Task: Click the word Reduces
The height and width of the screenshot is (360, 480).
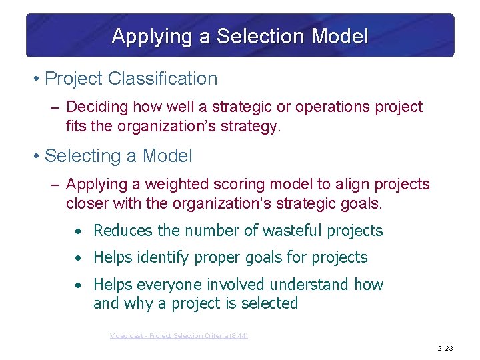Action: [x=123, y=231]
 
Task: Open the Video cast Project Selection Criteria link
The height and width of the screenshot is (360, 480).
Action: [x=179, y=336]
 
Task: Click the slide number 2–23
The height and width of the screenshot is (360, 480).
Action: [x=445, y=348]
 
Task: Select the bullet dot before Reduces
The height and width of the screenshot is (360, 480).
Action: [x=78, y=231]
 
